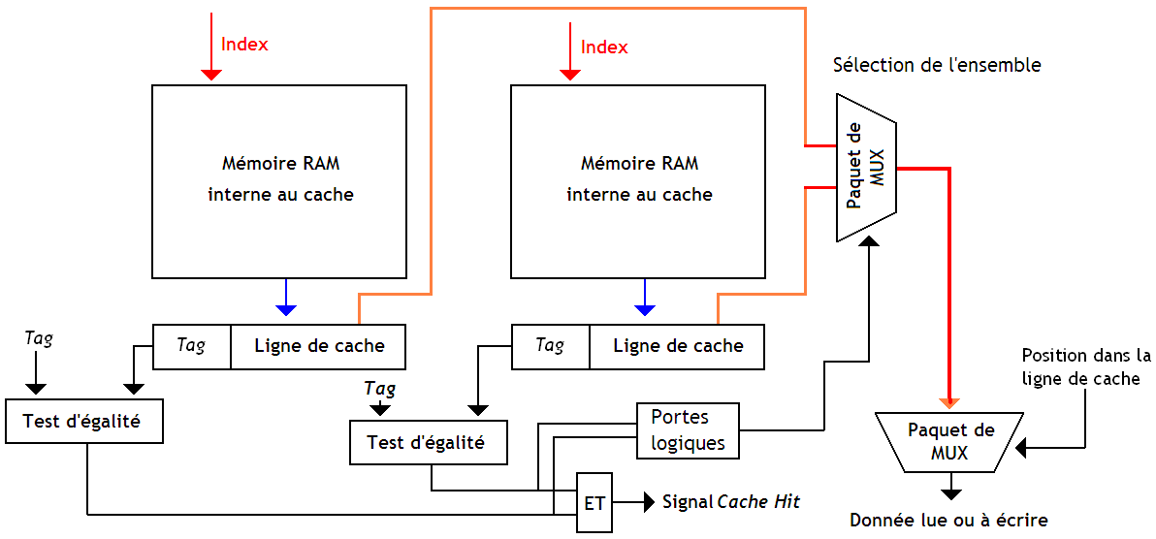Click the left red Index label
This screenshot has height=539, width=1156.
tap(244, 44)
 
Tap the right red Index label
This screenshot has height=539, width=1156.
tap(604, 47)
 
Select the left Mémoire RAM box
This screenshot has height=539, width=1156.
tap(279, 180)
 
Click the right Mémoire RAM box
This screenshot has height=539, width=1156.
tap(638, 180)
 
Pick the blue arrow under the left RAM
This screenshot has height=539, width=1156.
tap(285, 298)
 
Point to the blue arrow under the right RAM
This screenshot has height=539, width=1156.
tap(644, 298)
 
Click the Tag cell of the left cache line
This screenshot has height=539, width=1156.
tap(192, 346)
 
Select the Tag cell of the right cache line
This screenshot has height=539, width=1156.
tap(550, 346)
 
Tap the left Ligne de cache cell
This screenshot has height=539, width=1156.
tap(318, 346)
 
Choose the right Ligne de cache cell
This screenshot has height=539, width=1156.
tap(677, 346)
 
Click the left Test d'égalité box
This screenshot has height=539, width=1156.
tap(83, 422)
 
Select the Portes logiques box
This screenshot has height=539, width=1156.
tap(688, 430)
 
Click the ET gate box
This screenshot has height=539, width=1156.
tap(594, 503)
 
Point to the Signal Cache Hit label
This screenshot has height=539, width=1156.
tap(731, 502)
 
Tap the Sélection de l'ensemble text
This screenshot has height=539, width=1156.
tap(937, 66)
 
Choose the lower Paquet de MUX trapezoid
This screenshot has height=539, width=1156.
tap(949, 441)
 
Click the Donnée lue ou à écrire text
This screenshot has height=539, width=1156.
tap(948, 521)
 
